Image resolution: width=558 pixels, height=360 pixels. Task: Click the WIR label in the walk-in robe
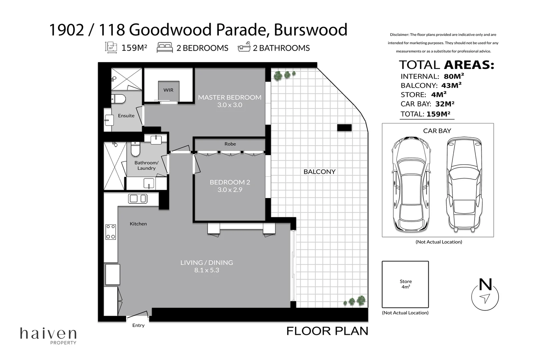coord(168,90)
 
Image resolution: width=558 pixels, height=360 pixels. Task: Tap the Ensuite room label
coord(126,116)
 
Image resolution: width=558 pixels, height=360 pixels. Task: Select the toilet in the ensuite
coord(118,99)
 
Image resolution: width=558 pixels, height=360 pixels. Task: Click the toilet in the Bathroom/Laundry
coord(135,149)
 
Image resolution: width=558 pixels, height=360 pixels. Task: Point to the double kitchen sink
coord(137,198)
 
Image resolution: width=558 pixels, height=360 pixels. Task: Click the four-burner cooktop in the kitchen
coord(111,232)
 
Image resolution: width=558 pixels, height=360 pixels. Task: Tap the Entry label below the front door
coord(138,325)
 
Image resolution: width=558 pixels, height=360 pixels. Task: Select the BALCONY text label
coord(319,172)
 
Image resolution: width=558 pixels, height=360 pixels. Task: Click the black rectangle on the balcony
coord(344,127)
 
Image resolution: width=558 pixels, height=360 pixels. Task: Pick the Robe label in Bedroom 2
coord(230,144)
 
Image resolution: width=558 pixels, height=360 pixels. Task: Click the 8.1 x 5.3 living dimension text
coord(207,270)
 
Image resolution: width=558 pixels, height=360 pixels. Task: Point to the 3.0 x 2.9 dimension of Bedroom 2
coord(230,190)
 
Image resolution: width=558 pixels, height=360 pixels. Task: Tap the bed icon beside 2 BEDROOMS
coord(165,48)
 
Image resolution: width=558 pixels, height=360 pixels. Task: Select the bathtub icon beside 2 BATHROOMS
coord(244,47)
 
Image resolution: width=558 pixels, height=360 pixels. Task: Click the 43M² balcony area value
coord(451,85)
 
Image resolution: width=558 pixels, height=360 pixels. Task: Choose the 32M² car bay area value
coord(445,104)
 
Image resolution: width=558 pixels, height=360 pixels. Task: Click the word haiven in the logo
coord(48,333)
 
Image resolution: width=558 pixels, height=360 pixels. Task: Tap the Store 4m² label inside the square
coord(406,284)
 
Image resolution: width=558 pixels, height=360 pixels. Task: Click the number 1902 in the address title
coord(66,30)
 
